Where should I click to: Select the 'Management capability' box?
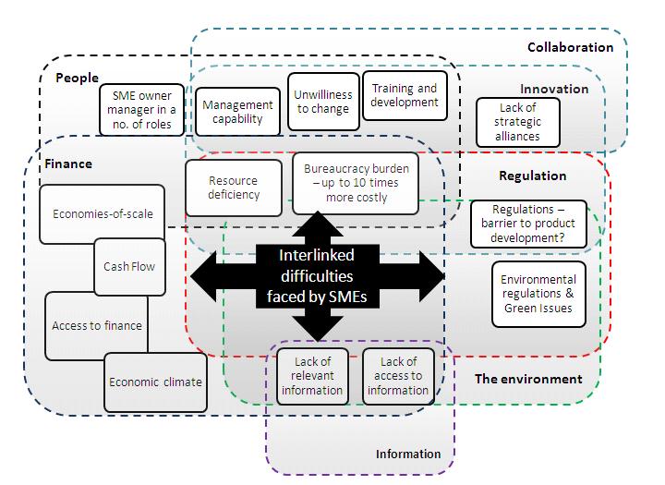237,112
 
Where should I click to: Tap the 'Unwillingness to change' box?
322,102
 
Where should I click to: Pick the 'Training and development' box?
405,95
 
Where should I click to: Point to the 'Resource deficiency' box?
234,188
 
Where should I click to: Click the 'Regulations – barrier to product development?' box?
527,224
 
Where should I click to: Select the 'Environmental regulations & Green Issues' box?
538,294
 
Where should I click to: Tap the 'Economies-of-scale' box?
102,214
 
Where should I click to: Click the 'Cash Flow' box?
129,266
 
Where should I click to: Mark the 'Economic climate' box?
154,382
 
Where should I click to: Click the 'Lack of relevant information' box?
312,376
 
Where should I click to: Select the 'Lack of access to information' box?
397,376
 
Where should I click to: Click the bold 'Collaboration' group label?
570,47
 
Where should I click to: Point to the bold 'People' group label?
77,78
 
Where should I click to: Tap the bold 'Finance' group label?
68,164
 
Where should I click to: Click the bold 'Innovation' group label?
553,90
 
